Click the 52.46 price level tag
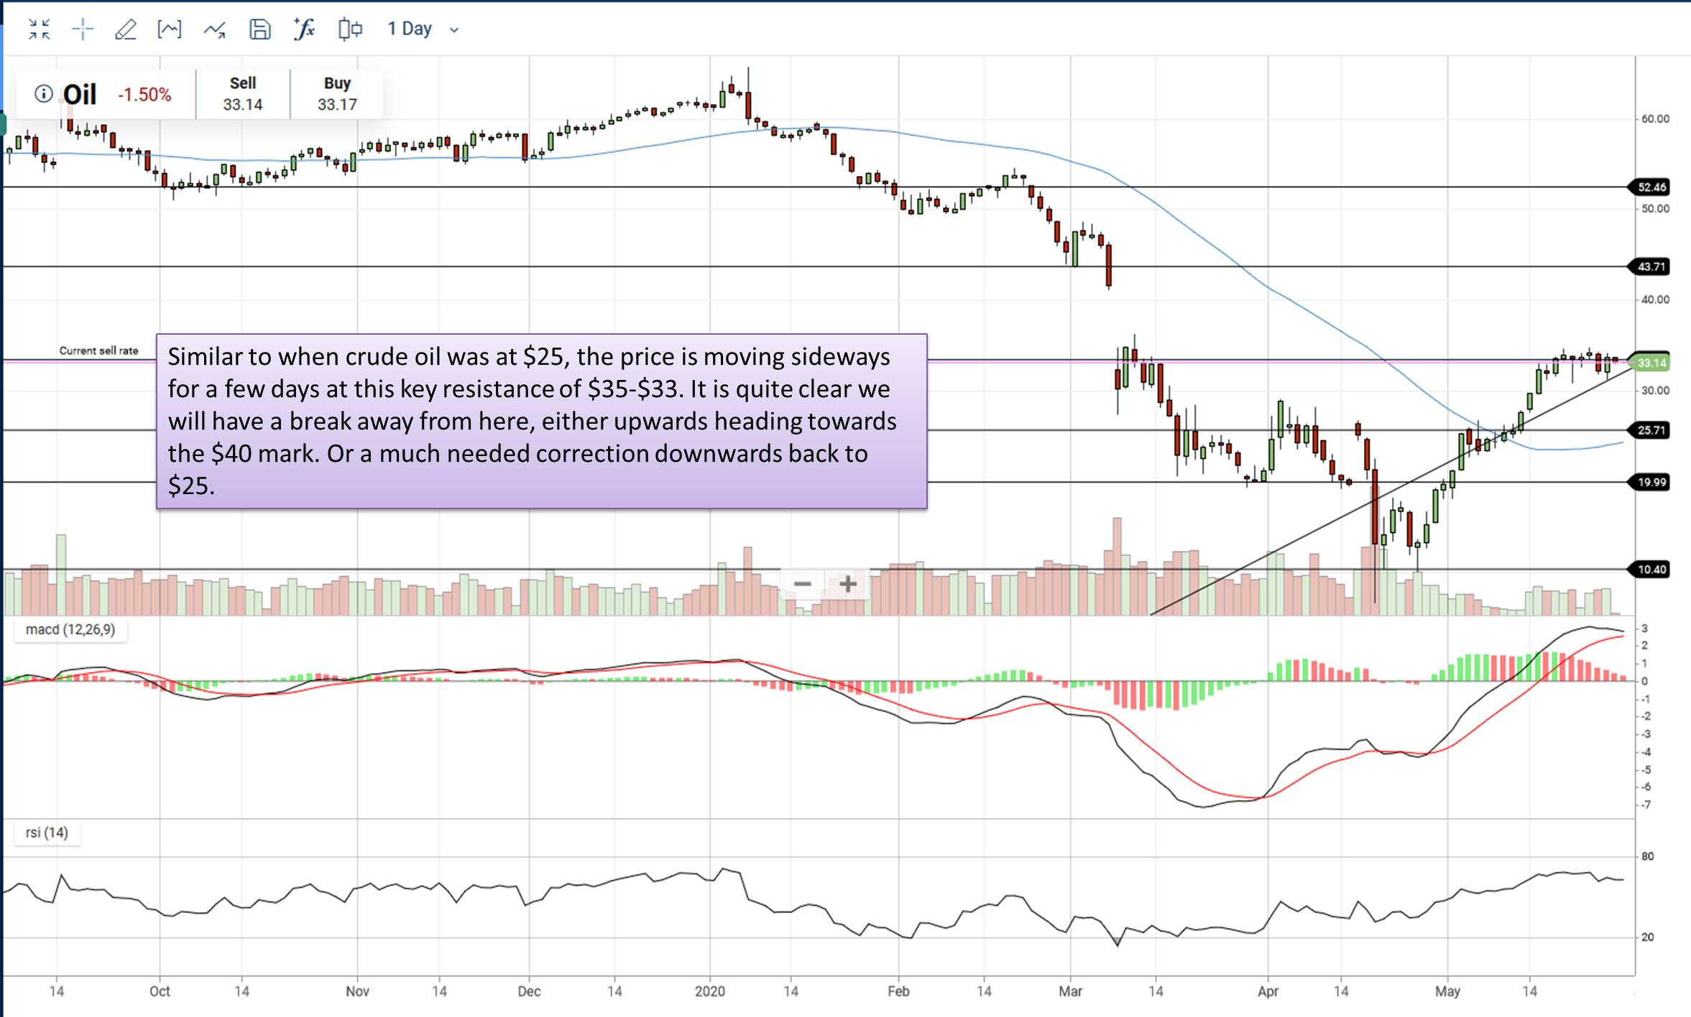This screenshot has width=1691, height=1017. click(x=1651, y=187)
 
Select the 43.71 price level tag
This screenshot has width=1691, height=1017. click(x=1651, y=266)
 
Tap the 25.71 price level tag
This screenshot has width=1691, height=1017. click(x=1651, y=430)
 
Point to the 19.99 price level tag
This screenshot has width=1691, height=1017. click(x=1651, y=482)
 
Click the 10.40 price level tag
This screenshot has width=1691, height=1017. click(x=1651, y=570)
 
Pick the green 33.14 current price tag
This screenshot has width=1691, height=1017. click(x=1651, y=363)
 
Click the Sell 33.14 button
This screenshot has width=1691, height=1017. click(x=243, y=94)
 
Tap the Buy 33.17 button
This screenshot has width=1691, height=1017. click(x=337, y=94)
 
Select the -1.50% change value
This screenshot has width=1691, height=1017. click(x=144, y=95)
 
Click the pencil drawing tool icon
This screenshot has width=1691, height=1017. click(x=126, y=29)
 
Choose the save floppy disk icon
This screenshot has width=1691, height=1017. click(x=259, y=29)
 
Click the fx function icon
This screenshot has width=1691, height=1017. click(x=305, y=29)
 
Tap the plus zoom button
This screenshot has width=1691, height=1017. click(x=847, y=584)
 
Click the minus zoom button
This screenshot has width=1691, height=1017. click(x=803, y=584)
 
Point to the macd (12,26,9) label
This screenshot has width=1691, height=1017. click(x=70, y=630)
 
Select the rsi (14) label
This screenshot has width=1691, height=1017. click(x=47, y=833)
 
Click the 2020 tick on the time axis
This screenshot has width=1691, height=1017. click(x=710, y=991)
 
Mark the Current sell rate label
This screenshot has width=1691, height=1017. click(x=98, y=350)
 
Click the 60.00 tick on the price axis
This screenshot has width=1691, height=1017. click(x=1655, y=119)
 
